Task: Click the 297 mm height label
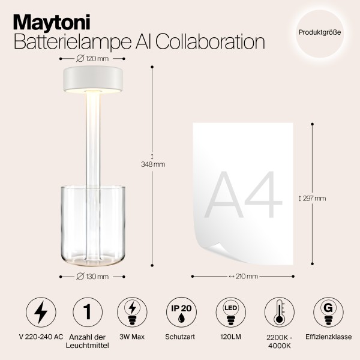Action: click(x=314, y=199)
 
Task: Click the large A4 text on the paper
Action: click(x=244, y=196)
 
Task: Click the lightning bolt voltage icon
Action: click(x=43, y=313)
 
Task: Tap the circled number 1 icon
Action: click(x=88, y=313)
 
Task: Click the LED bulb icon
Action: click(x=229, y=313)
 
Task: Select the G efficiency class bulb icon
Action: click(x=328, y=313)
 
